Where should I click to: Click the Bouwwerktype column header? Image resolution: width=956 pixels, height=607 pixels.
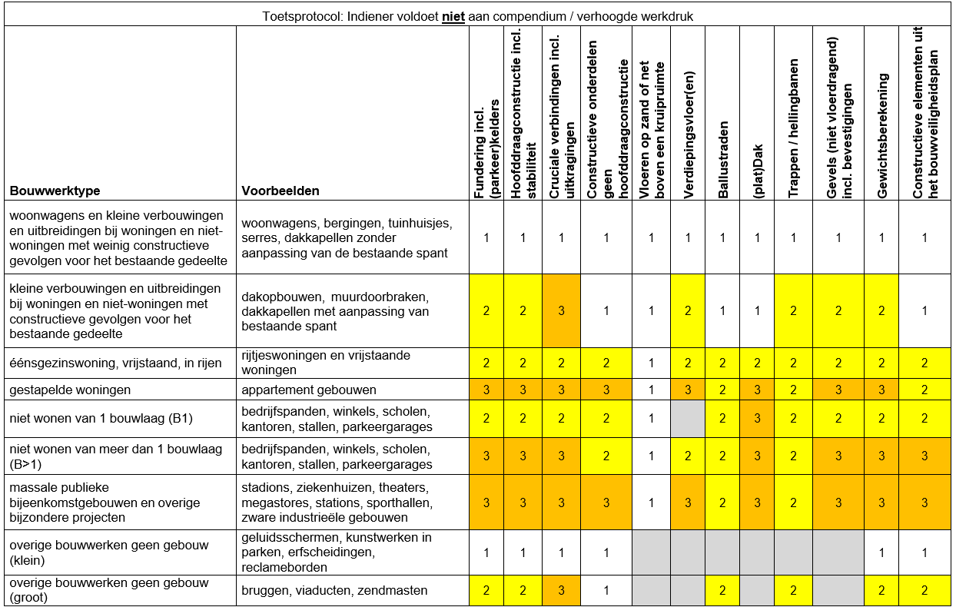coord(55,191)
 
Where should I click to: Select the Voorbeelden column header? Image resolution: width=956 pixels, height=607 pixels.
coord(280,191)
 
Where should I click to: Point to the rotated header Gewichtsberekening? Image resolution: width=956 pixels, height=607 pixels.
coord(883,136)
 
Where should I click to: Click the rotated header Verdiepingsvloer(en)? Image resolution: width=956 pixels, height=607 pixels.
coord(689,146)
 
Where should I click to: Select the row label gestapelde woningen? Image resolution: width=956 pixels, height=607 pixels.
coord(70,390)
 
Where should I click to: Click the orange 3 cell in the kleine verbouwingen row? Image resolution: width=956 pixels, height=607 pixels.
coord(561,310)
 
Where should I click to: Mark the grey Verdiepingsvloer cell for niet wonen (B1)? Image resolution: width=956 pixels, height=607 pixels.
coord(688,419)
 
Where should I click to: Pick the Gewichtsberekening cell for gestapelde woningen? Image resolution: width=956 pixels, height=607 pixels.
coord(881,390)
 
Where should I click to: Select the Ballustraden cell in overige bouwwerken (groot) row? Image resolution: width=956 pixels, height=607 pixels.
coord(722,590)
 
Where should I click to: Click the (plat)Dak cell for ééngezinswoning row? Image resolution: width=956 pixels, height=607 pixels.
coord(757,363)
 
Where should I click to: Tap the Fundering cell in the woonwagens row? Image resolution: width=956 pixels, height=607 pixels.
coord(486,238)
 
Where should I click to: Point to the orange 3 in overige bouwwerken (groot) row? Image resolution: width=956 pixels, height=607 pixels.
coord(561,590)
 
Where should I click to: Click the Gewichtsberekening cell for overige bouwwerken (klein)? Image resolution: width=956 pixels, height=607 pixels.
coord(881,552)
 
